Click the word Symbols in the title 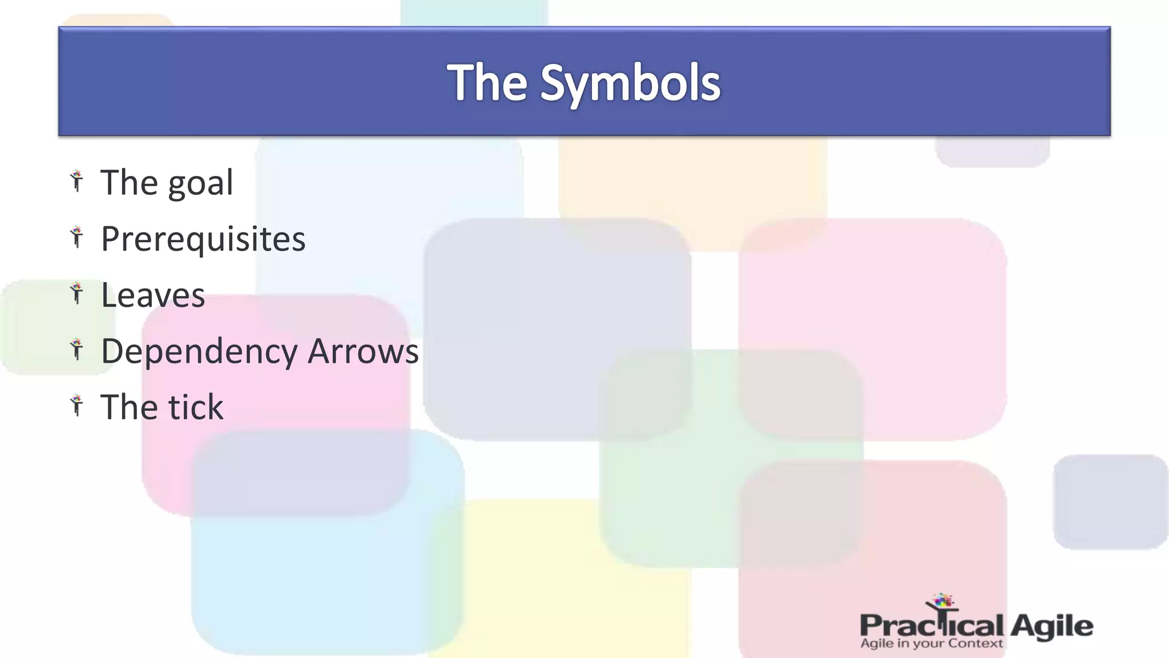tap(630, 84)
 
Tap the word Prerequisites tap(203, 239)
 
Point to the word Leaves tap(153, 295)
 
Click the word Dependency tap(199, 352)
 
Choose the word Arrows tap(363, 351)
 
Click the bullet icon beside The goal tap(77, 181)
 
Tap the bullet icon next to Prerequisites tap(77, 237)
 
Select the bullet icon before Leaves tap(77, 294)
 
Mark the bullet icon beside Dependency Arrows tap(77, 350)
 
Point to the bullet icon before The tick tap(77, 406)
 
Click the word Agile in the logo tap(1051, 627)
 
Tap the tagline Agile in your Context tap(932, 644)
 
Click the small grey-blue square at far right tap(1110, 501)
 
